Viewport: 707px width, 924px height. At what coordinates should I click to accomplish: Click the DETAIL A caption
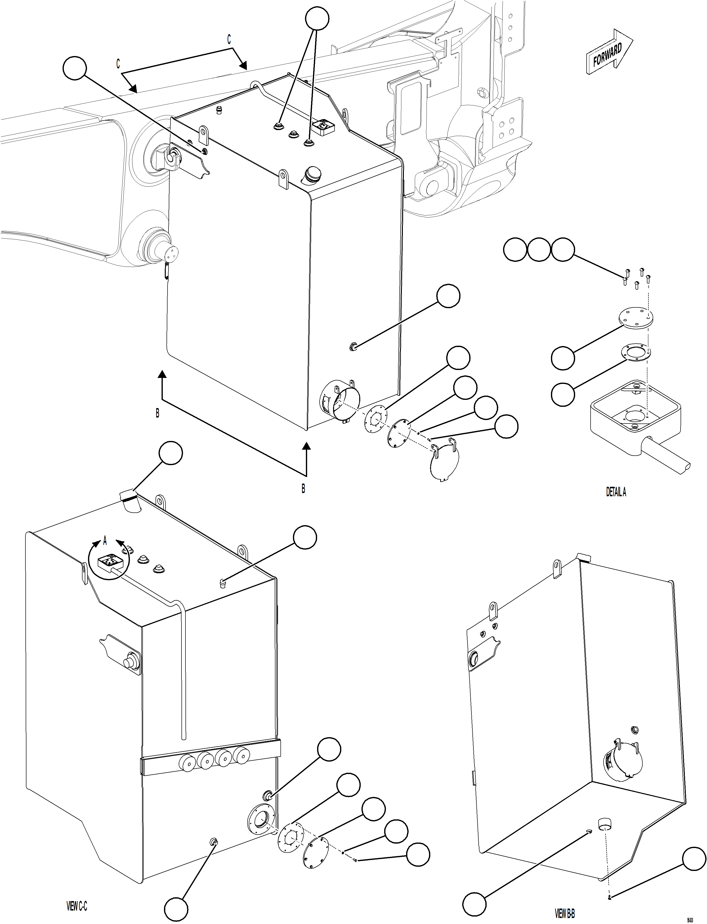[x=616, y=492]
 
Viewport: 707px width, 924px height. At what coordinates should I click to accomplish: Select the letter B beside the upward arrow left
[x=157, y=414]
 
